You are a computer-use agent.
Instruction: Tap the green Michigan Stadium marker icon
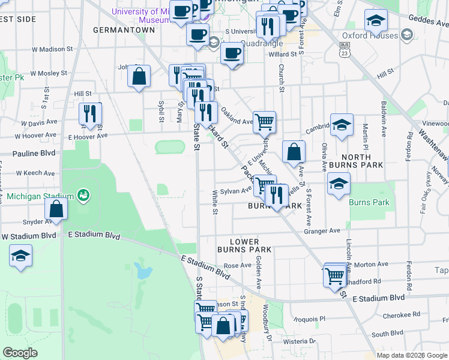[83, 196]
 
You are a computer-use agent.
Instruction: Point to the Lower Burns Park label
[250, 245]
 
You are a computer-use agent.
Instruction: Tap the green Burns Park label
[369, 202]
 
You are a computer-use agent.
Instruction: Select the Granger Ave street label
[322, 231]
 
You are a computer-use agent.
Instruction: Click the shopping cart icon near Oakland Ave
[264, 122]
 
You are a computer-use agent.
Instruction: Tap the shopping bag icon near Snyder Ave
[56, 208]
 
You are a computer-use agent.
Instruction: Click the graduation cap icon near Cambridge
[341, 125]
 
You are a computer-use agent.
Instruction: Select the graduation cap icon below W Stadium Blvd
[20, 256]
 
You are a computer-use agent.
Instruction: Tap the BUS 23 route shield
[344, 49]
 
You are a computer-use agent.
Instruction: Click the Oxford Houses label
[370, 35]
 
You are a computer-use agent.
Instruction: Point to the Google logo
[20, 353]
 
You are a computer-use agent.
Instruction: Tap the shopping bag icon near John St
[139, 76]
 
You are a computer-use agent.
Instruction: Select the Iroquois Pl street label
[313, 319]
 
